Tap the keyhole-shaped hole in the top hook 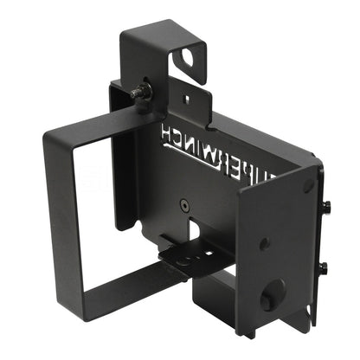pyautogui.click(x=188, y=59)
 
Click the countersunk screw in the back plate pyautogui.click(x=184, y=206)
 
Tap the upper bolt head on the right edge pyautogui.click(x=326, y=206)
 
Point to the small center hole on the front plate pyautogui.click(x=265, y=243)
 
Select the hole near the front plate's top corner pyautogui.click(x=308, y=186)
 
